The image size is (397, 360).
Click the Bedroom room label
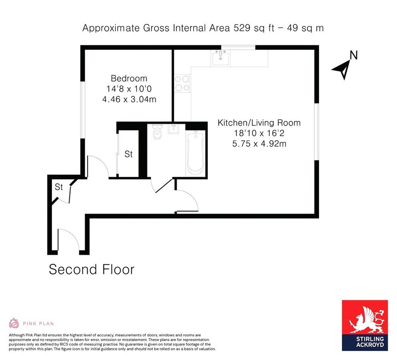(129, 78)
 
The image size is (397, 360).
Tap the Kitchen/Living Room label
(259, 123)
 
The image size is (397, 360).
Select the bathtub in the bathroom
(195, 154)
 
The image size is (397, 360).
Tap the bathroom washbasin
(174, 129)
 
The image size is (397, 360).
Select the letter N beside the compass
(353, 55)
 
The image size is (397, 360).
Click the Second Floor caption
(91, 269)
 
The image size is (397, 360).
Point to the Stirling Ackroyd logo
(365, 325)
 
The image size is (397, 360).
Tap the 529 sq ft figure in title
(245, 28)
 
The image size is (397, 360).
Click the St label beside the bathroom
(128, 154)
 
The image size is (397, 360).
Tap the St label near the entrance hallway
(59, 187)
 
